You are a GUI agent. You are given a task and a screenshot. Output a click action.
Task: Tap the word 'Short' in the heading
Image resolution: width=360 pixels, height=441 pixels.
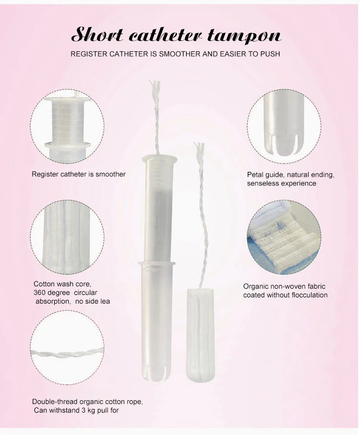click(95, 35)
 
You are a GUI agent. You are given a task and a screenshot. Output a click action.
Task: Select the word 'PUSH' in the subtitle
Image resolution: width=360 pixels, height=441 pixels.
click(270, 54)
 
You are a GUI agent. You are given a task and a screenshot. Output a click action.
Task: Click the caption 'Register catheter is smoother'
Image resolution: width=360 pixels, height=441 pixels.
click(79, 174)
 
